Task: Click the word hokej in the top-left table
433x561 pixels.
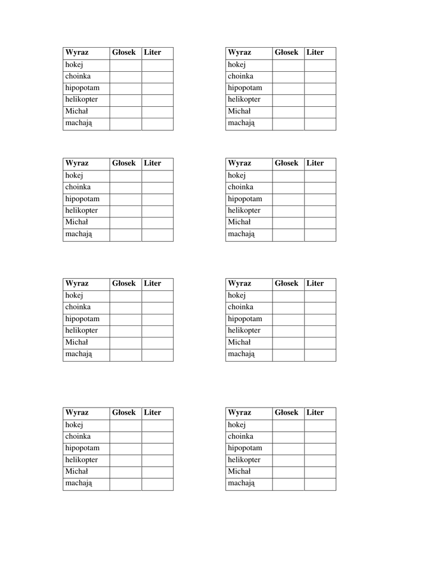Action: tap(74, 65)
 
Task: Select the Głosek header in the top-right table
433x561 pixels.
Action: tap(286, 53)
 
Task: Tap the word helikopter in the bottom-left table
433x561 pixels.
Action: tap(82, 460)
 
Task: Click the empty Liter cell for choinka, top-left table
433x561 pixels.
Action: tap(157, 77)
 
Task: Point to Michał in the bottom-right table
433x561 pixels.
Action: tap(239, 472)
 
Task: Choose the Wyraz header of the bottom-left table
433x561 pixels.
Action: tap(77, 413)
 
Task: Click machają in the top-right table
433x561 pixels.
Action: tap(241, 123)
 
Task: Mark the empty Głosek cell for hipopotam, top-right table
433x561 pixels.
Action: tap(288, 88)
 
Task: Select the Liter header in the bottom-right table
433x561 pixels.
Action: tap(315, 413)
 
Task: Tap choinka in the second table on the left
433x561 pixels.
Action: tap(78, 187)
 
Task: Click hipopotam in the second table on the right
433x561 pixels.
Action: tap(245, 199)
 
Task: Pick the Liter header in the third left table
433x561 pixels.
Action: tap(152, 283)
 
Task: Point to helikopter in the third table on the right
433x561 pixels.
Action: tap(244, 330)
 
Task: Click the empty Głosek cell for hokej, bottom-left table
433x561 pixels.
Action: tap(125, 425)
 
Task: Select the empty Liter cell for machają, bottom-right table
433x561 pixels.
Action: tap(320, 484)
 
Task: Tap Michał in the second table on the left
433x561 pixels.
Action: tap(77, 222)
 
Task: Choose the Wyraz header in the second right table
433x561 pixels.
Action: tap(239, 163)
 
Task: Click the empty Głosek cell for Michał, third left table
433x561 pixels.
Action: tap(125, 342)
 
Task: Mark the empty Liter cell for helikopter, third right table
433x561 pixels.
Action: tap(320, 331)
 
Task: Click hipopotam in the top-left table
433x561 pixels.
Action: tap(82, 88)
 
